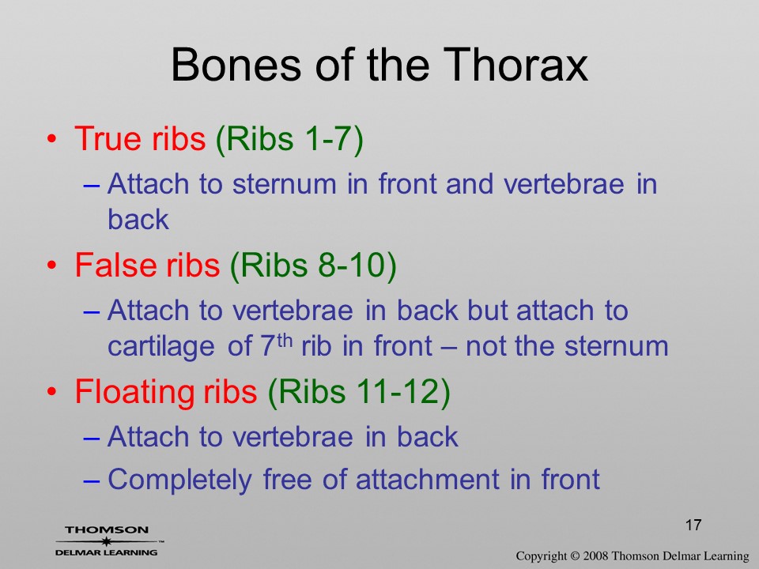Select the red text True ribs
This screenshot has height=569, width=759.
[140, 138]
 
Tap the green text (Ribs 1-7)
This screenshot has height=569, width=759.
[289, 139]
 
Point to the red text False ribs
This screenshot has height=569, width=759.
[147, 265]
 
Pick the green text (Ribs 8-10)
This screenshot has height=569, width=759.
[313, 266]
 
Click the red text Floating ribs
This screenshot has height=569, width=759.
[166, 392]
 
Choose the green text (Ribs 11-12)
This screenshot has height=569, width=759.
[359, 392]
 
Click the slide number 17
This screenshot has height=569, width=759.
[693, 525]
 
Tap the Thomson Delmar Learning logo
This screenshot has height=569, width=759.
[108, 541]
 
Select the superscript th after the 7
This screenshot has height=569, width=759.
[285, 341]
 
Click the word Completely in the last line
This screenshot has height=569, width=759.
[179, 480]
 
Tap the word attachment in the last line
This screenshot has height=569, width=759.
[428, 479]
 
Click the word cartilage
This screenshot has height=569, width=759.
[160, 347]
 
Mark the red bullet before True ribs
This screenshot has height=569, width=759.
[52, 139]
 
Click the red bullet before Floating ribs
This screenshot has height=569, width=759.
[52, 391]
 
